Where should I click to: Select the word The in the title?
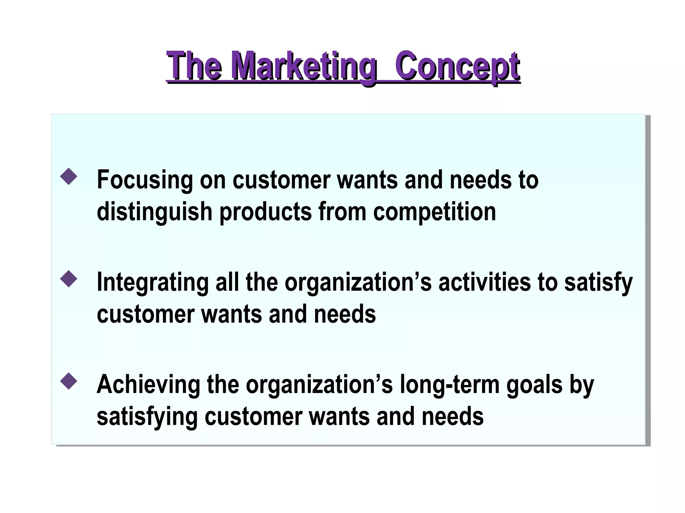click(194, 66)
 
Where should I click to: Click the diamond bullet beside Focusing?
click(69, 176)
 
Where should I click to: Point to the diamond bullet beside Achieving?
click(69, 381)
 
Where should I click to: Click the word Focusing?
click(144, 180)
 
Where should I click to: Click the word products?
click(265, 212)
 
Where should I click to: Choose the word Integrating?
click(152, 283)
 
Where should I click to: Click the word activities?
click(484, 283)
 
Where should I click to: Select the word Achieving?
click(148, 385)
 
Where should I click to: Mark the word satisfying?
click(147, 417)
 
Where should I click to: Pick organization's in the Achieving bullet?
click(319, 385)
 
